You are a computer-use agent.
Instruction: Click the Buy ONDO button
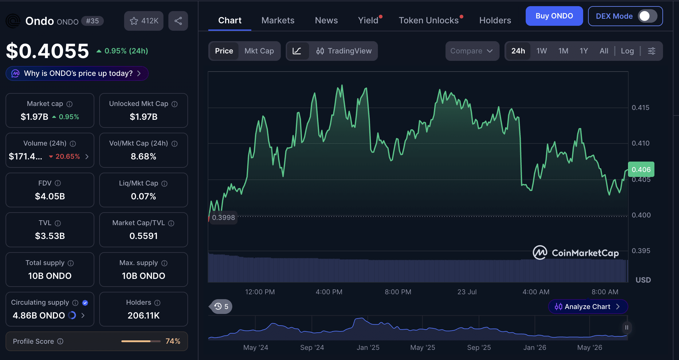click(554, 16)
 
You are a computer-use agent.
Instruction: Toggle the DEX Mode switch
click(647, 16)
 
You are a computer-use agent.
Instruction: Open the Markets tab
click(278, 20)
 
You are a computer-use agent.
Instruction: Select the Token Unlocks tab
click(429, 20)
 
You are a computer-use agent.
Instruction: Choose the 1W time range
click(542, 51)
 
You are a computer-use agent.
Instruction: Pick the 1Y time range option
click(584, 51)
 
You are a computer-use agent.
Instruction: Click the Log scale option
click(627, 51)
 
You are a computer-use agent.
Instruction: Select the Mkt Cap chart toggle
click(259, 51)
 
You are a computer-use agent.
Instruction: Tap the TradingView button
click(344, 51)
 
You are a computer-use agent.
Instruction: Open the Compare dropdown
click(472, 51)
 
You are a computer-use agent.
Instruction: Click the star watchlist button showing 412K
click(144, 21)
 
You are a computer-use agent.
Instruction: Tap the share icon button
click(178, 21)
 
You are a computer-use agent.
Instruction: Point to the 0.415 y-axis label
click(641, 108)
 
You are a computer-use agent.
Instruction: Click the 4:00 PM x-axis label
click(329, 292)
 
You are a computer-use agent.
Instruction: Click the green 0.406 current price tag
click(641, 169)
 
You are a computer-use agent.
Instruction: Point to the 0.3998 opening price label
click(223, 217)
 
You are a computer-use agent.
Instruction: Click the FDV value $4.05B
click(50, 196)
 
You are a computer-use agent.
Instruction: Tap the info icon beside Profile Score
click(61, 341)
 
